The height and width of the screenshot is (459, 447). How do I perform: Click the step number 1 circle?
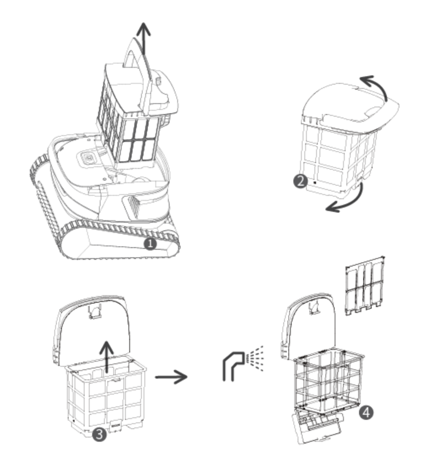pyautogui.click(x=150, y=243)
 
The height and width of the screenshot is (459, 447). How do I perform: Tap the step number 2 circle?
pyautogui.click(x=300, y=181)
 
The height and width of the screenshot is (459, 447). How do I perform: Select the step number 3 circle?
pyautogui.click(x=99, y=435)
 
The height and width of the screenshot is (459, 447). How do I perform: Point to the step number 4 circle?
pyautogui.click(x=366, y=413)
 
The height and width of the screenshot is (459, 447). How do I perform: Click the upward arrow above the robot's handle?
pyautogui.click(x=144, y=38)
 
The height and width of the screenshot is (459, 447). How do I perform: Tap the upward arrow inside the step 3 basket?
pyautogui.click(x=107, y=357)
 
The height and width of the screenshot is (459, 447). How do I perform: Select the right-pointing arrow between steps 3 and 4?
pyautogui.click(x=171, y=377)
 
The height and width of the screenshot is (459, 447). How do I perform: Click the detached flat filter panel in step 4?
pyautogui.click(x=365, y=286)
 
